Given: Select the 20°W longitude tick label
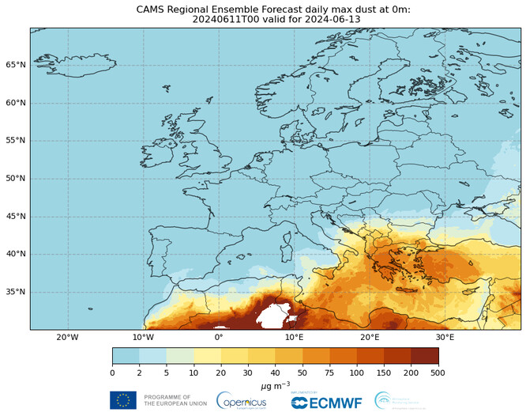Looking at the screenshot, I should [68, 337].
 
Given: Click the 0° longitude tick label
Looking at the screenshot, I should [219, 337].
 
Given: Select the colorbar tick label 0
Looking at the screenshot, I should [112, 372].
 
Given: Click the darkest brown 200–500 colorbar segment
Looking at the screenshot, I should [424, 355].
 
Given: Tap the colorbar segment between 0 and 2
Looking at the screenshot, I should [126, 355].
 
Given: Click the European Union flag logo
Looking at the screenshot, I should [122, 400].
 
